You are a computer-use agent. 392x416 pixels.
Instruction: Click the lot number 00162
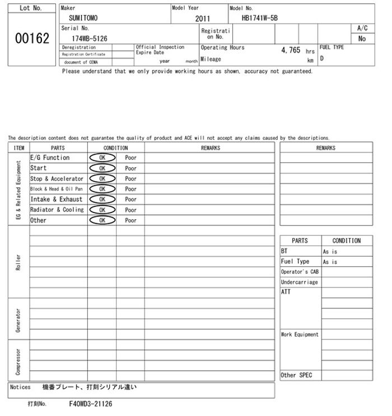pyautogui.click(x=31, y=39)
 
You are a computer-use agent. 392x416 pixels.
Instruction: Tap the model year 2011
pyautogui.click(x=203, y=18)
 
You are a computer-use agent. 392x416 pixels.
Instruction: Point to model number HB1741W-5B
pyautogui.click(x=259, y=18)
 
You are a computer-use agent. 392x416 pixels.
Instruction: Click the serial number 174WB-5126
pyautogui.click(x=90, y=39)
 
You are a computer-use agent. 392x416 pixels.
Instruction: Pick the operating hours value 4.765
pyautogui.click(x=291, y=50)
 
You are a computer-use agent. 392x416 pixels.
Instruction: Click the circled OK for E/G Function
pyautogui.click(x=102, y=158)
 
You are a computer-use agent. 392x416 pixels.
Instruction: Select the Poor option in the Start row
pyautogui.click(x=130, y=168)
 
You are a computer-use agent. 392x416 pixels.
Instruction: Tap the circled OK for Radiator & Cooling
pyautogui.click(x=102, y=210)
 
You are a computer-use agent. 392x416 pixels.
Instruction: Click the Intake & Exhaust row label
pyautogui.click(x=56, y=200)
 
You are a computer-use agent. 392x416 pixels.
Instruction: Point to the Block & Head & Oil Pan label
pyautogui.click(x=56, y=189)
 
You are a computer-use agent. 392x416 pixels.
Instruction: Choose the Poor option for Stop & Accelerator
pyautogui.click(x=130, y=179)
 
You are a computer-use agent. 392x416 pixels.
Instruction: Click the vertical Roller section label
pyautogui.click(x=18, y=262)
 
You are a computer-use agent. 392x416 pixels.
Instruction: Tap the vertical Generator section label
pyautogui.click(x=18, y=319)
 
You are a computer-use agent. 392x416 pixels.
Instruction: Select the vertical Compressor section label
pyautogui.click(x=18, y=361)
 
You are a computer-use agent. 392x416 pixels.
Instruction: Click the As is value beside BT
pyautogui.click(x=330, y=252)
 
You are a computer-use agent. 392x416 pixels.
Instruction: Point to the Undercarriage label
pyautogui.click(x=299, y=282)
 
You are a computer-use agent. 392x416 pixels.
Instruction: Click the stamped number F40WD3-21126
pyautogui.click(x=90, y=403)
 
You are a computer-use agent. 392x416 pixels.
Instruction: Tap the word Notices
pyautogui.click(x=21, y=387)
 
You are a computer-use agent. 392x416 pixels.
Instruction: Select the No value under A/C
pyautogui.click(x=362, y=39)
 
